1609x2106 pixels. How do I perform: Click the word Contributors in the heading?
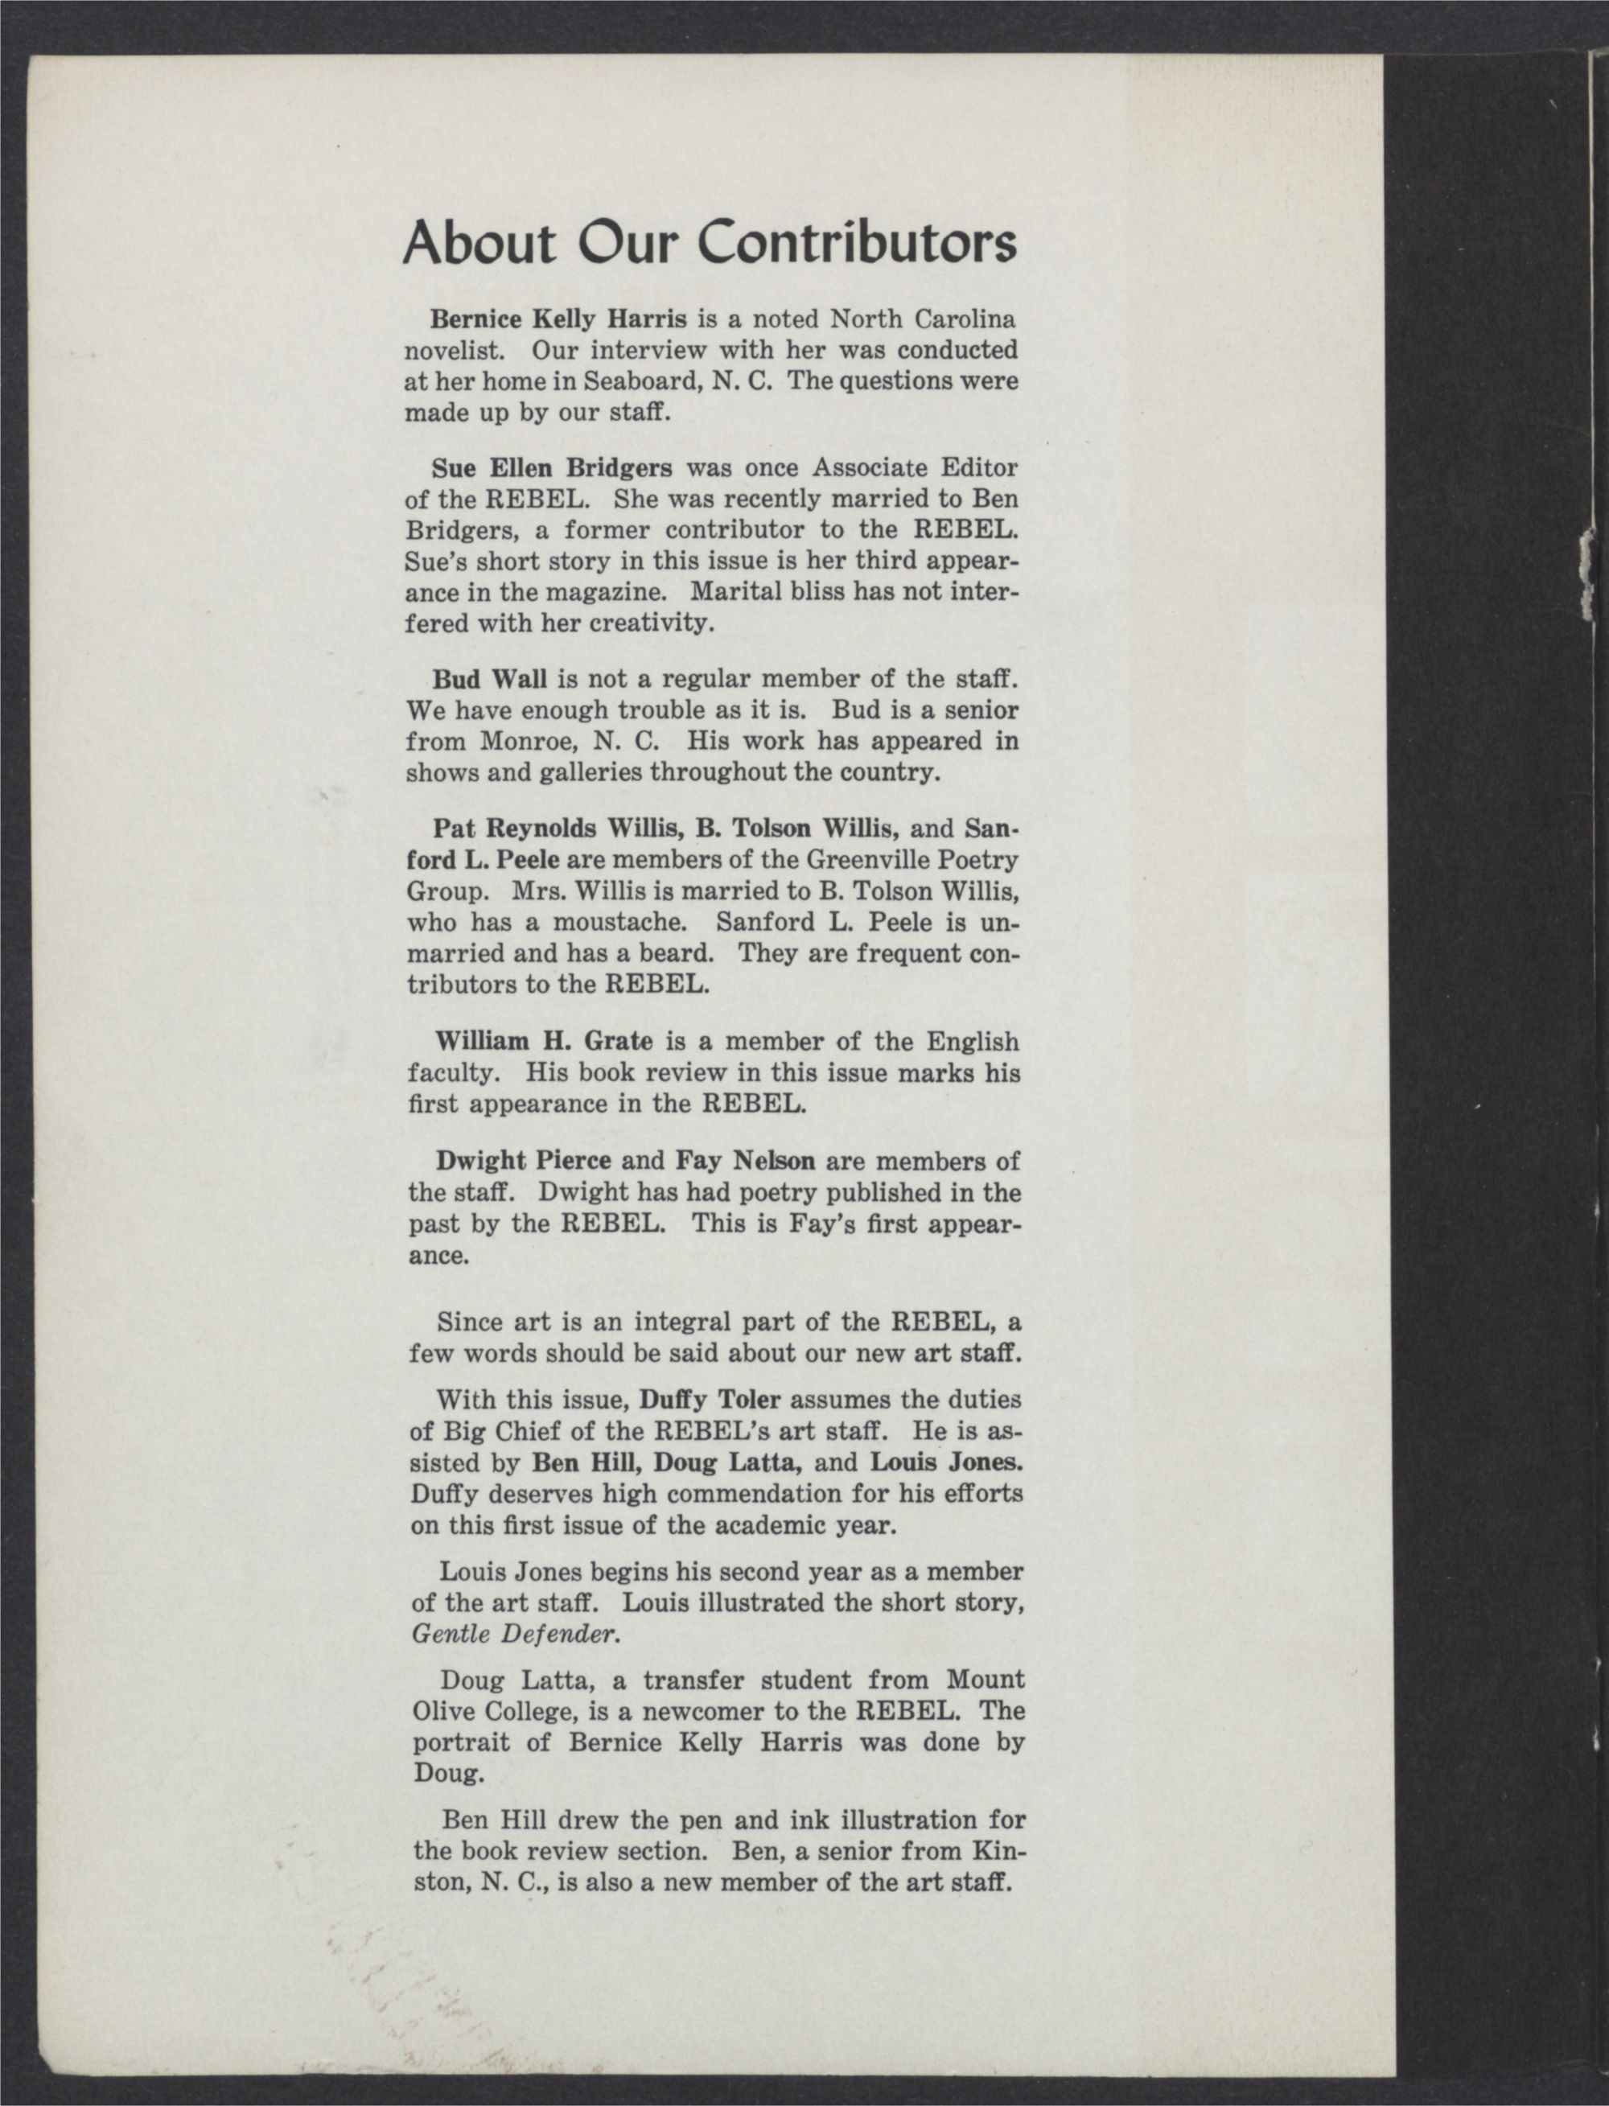click(x=855, y=245)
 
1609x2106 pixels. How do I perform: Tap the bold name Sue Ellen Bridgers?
click(x=552, y=468)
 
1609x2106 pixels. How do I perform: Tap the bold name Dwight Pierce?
click(x=523, y=1162)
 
